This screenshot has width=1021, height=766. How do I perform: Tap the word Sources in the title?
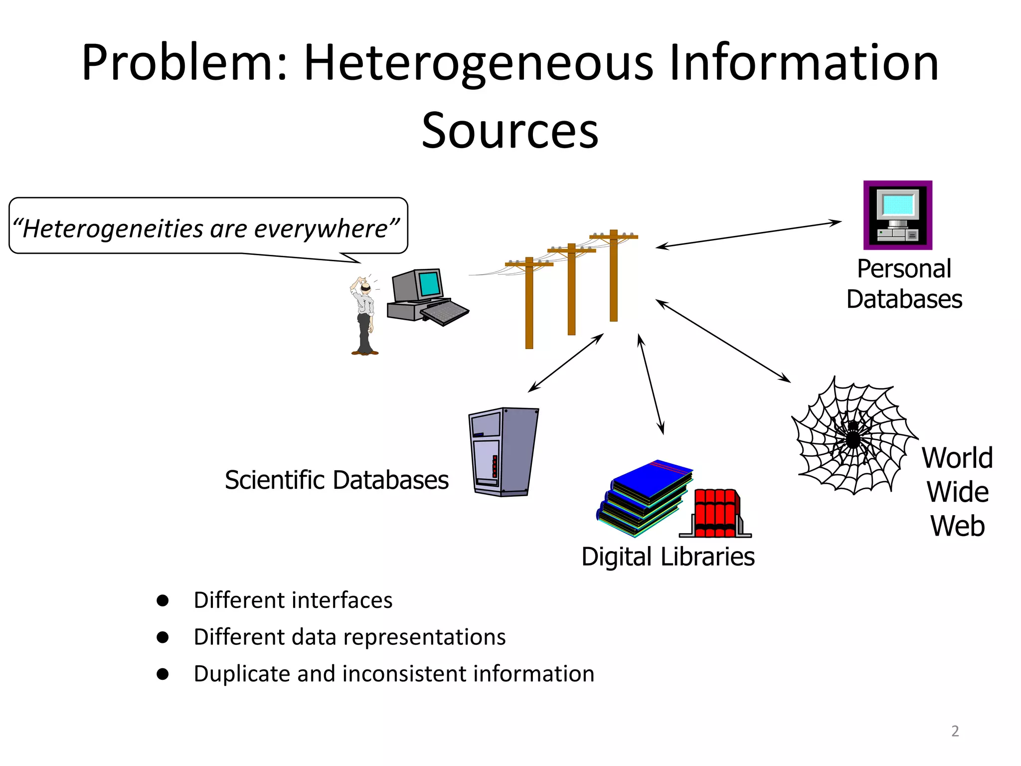[510, 131]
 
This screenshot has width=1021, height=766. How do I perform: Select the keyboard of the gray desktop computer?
[445, 313]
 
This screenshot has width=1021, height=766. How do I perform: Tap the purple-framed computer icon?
[898, 215]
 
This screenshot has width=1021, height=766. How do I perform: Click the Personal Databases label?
[904, 284]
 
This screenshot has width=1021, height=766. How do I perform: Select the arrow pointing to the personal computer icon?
[748, 234]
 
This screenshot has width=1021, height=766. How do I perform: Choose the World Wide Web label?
[957, 492]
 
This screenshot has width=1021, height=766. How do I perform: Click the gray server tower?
[504, 451]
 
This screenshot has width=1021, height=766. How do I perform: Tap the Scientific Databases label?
[337, 480]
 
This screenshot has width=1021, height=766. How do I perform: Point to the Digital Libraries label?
[668, 557]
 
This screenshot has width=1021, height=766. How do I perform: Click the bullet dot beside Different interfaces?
[163, 600]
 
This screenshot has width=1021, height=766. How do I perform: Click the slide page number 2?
[955, 731]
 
